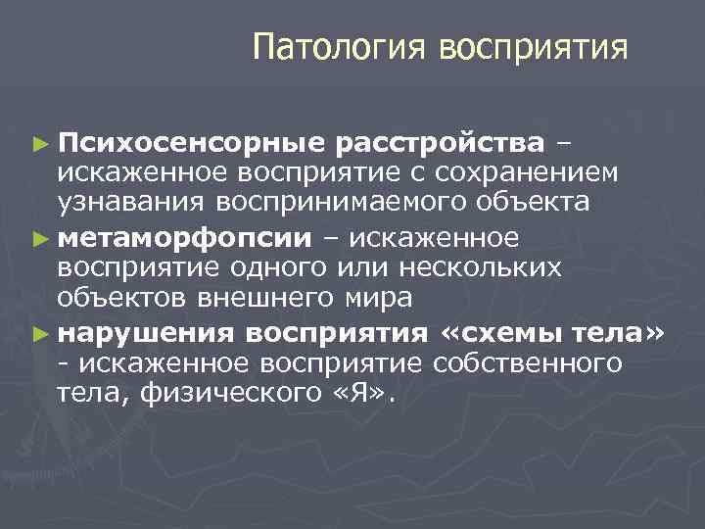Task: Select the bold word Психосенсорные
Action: click(190, 144)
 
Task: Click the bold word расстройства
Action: click(439, 144)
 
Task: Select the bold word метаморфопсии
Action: click(184, 237)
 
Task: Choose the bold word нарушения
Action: click(145, 332)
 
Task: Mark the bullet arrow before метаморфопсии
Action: click(39, 238)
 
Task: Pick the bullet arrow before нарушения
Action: click(39, 333)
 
